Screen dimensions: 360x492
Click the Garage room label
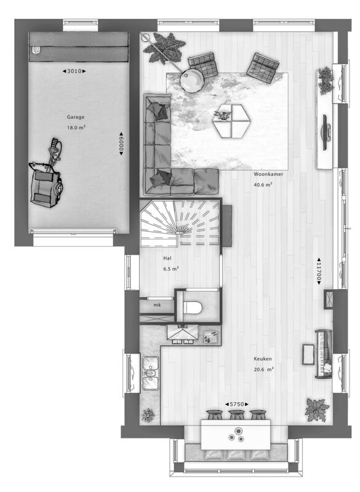click(x=76, y=117)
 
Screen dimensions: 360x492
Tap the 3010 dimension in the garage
click(x=74, y=71)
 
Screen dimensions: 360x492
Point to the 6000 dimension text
click(x=121, y=143)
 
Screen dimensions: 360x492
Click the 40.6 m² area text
click(x=263, y=185)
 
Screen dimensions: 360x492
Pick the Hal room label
click(x=167, y=258)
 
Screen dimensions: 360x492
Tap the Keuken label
click(x=263, y=359)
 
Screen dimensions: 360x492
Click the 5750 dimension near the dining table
click(x=237, y=405)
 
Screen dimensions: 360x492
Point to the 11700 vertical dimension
click(x=319, y=271)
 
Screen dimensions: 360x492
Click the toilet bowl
click(x=192, y=307)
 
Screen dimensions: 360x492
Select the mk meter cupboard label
click(x=158, y=304)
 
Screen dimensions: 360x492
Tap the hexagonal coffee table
click(x=232, y=121)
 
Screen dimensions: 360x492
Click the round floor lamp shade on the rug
click(x=193, y=81)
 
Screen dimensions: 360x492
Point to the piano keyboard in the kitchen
click(x=324, y=354)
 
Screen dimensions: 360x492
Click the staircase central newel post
click(x=180, y=234)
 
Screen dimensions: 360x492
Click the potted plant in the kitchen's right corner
click(x=318, y=410)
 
